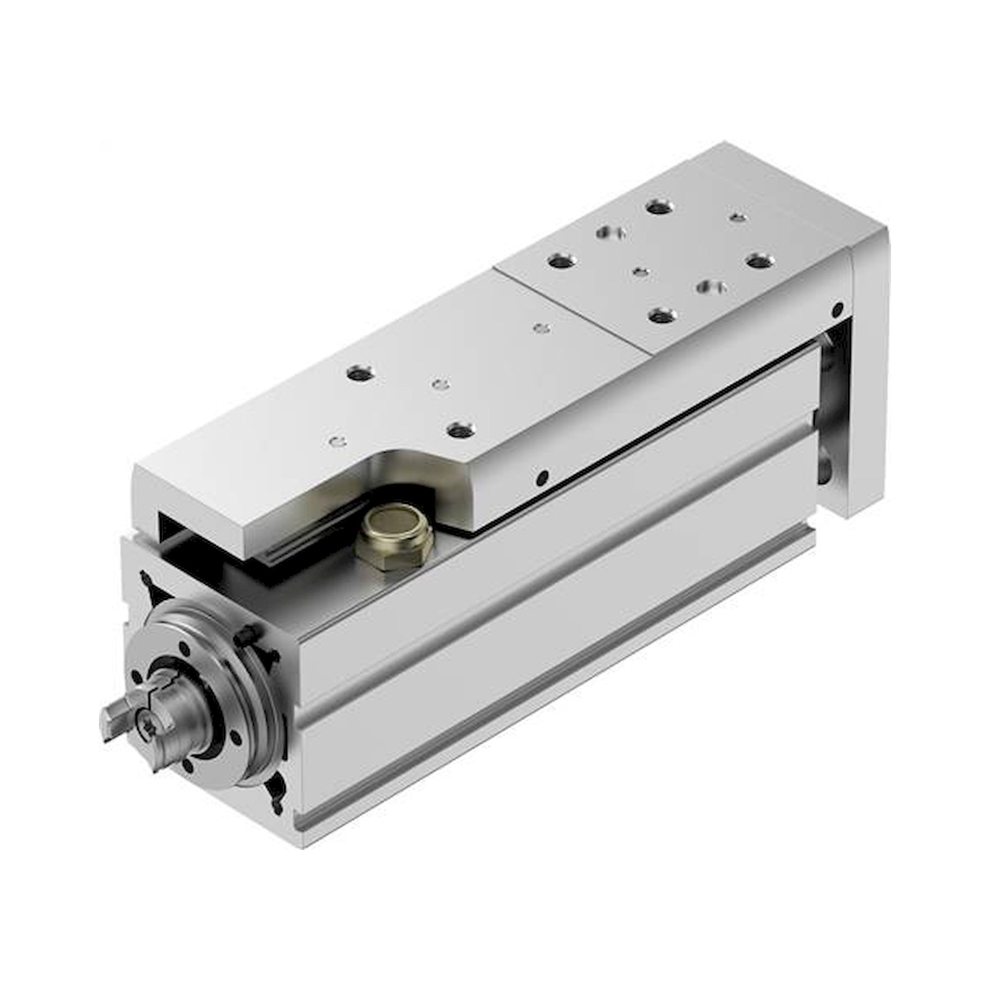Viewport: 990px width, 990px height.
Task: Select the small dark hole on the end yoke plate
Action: [x=839, y=309]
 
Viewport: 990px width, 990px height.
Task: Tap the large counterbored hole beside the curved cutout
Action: [x=460, y=429]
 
